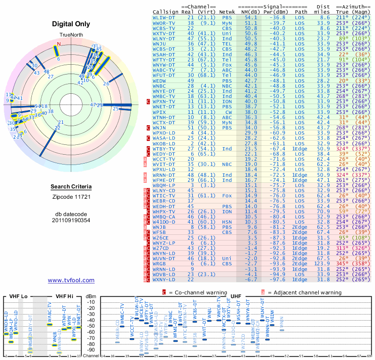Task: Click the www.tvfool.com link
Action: click(71, 280)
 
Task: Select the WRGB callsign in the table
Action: click(162, 264)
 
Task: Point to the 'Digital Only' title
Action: click(71, 24)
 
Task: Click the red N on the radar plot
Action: click(59, 45)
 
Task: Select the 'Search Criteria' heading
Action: click(71, 187)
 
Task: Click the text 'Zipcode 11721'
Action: click(71, 197)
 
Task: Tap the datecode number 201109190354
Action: click(71, 220)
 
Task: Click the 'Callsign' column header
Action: click(165, 11)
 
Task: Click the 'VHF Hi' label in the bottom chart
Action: click(64, 296)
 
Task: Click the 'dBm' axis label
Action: click(90, 296)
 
